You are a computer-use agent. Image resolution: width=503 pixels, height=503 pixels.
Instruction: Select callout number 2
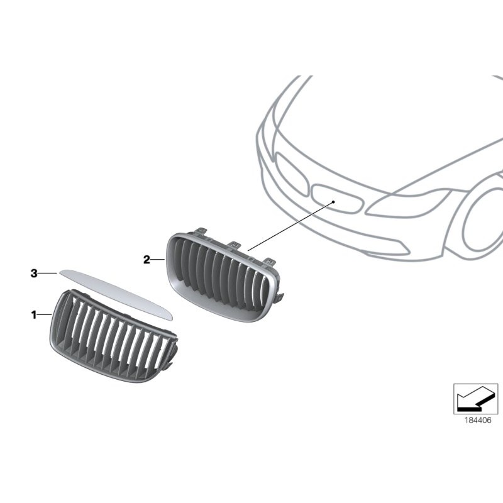[x=146, y=259]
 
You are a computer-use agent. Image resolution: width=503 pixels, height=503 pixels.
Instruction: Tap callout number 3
[x=35, y=273]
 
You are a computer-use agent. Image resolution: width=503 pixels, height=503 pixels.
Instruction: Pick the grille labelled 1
[x=111, y=340]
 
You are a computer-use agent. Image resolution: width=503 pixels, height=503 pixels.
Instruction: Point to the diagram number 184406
[x=475, y=423]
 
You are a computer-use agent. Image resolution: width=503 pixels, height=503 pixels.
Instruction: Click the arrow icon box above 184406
[x=475, y=399]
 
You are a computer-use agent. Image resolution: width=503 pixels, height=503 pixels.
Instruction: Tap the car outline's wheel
[x=484, y=220]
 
